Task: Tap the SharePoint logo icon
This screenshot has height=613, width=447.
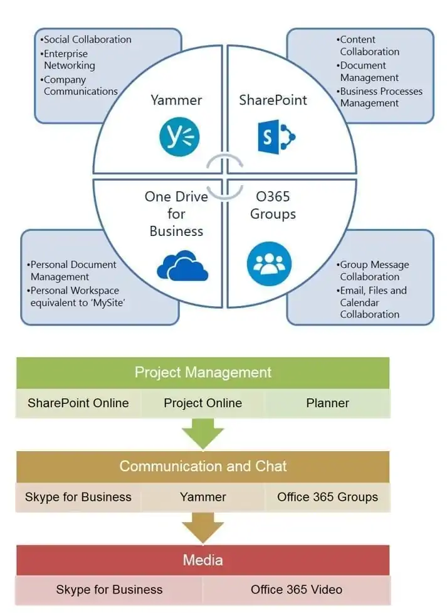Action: click(276, 136)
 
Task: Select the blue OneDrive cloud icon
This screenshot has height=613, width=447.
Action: click(182, 267)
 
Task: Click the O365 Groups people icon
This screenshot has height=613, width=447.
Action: click(269, 264)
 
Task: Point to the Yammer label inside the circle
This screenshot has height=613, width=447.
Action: click(176, 100)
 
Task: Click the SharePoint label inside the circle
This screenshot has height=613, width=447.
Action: click(273, 100)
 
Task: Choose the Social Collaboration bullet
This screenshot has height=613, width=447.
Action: click(86, 40)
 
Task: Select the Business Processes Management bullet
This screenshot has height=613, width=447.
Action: click(380, 97)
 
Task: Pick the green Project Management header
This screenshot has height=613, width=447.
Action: click(202, 372)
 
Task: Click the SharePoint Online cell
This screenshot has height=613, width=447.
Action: click(78, 403)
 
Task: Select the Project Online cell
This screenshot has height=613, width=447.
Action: click(202, 403)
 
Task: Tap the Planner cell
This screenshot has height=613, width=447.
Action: click(327, 403)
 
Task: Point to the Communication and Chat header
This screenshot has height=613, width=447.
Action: click(202, 466)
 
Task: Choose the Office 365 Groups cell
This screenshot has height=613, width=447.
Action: click(327, 497)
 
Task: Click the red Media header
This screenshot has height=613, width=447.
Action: click(202, 560)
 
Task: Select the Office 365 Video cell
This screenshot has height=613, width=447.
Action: click(296, 590)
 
